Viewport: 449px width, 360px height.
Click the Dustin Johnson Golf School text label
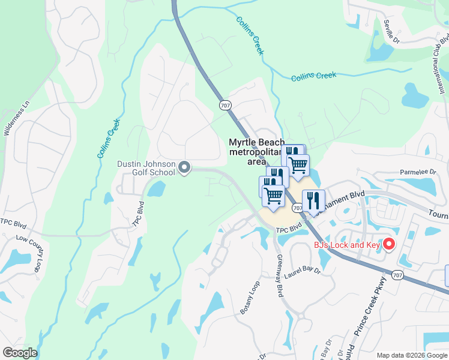pyautogui.click(x=146, y=168)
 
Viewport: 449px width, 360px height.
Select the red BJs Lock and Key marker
pyautogui.click(x=388, y=244)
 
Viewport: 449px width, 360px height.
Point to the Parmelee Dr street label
pyautogui.click(x=418, y=172)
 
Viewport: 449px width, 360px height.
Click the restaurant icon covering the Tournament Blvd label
pyautogui.click(x=313, y=201)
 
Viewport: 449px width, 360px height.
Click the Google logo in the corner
pyautogui.click(x=20, y=353)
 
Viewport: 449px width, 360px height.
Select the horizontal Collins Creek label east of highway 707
pyautogui.click(x=313, y=77)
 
